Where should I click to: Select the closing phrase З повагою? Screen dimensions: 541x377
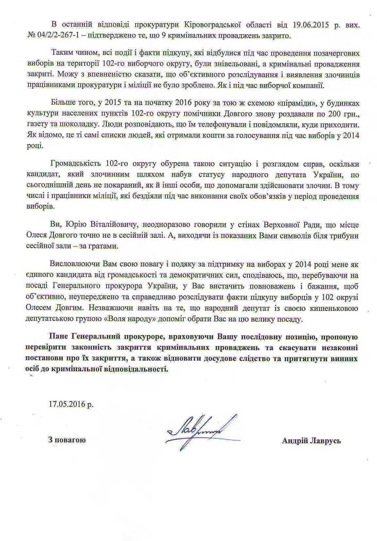(67, 440)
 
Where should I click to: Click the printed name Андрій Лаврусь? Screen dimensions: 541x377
(311, 441)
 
